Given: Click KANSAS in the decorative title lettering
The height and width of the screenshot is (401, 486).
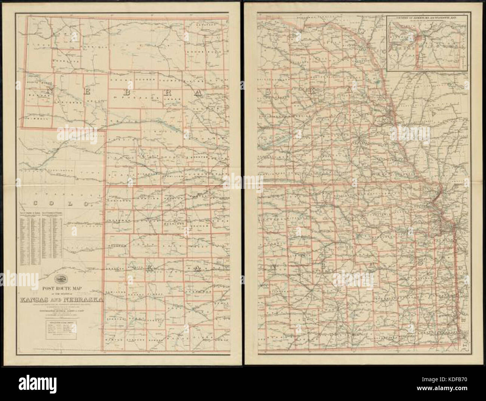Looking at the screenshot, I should pyautogui.click(x=39, y=299).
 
